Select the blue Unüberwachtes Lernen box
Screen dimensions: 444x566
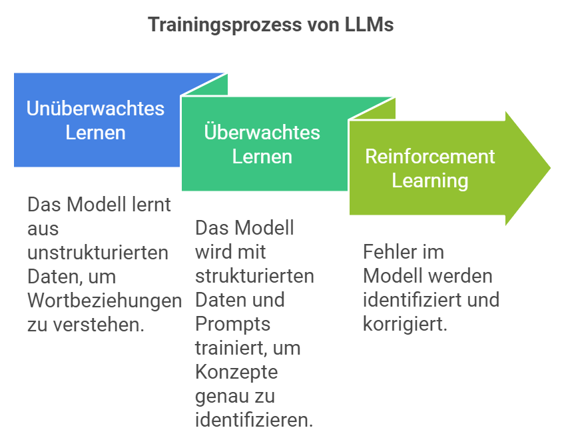(x=96, y=119)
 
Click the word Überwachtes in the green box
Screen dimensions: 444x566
(x=262, y=132)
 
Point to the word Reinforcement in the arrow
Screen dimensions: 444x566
(x=430, y=156)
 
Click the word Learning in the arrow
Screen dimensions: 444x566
(x=430, y=180)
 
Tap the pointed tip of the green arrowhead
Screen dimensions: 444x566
(x=550, y=168)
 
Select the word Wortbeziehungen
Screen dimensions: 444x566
(x=105, y=300)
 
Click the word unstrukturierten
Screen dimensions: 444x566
(x=98, y=253)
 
